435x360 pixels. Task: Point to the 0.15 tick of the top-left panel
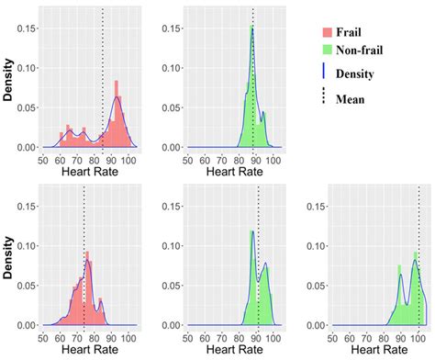pyautogui.click(x=28, y=28)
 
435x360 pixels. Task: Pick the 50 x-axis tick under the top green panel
pyautogui.click(x=188, y=159)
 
